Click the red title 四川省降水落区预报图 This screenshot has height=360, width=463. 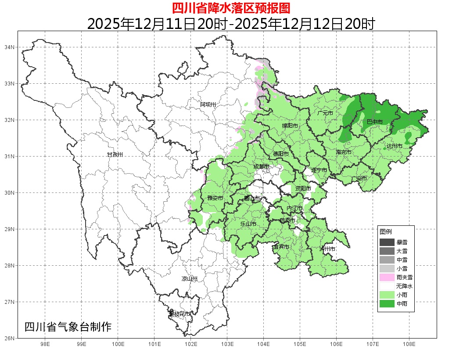(231, 8)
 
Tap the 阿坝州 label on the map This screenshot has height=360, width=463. (208, 104)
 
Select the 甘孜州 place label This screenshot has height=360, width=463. (115, 155)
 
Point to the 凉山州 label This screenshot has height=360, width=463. (190, 279)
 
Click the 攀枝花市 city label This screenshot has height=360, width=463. (179, 314)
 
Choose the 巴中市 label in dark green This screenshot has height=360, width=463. (374, 121)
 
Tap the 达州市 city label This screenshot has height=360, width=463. (394, 146)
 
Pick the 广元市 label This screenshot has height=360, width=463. (325, 113)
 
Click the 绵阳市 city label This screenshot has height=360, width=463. (290, 126)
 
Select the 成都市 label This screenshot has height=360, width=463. (262, 167)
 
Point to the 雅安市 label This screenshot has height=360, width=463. (215, 198)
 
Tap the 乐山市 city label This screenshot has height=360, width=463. (248, 224)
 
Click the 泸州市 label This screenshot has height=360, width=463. (327, 249)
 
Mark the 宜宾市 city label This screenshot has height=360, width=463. (281, 247)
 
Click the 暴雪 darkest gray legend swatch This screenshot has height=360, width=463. (387, 242)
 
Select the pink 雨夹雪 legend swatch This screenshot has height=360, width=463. (387, 277)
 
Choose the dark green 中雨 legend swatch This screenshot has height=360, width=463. (387, 303)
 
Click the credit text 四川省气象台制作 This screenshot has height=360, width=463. (68, 327)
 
